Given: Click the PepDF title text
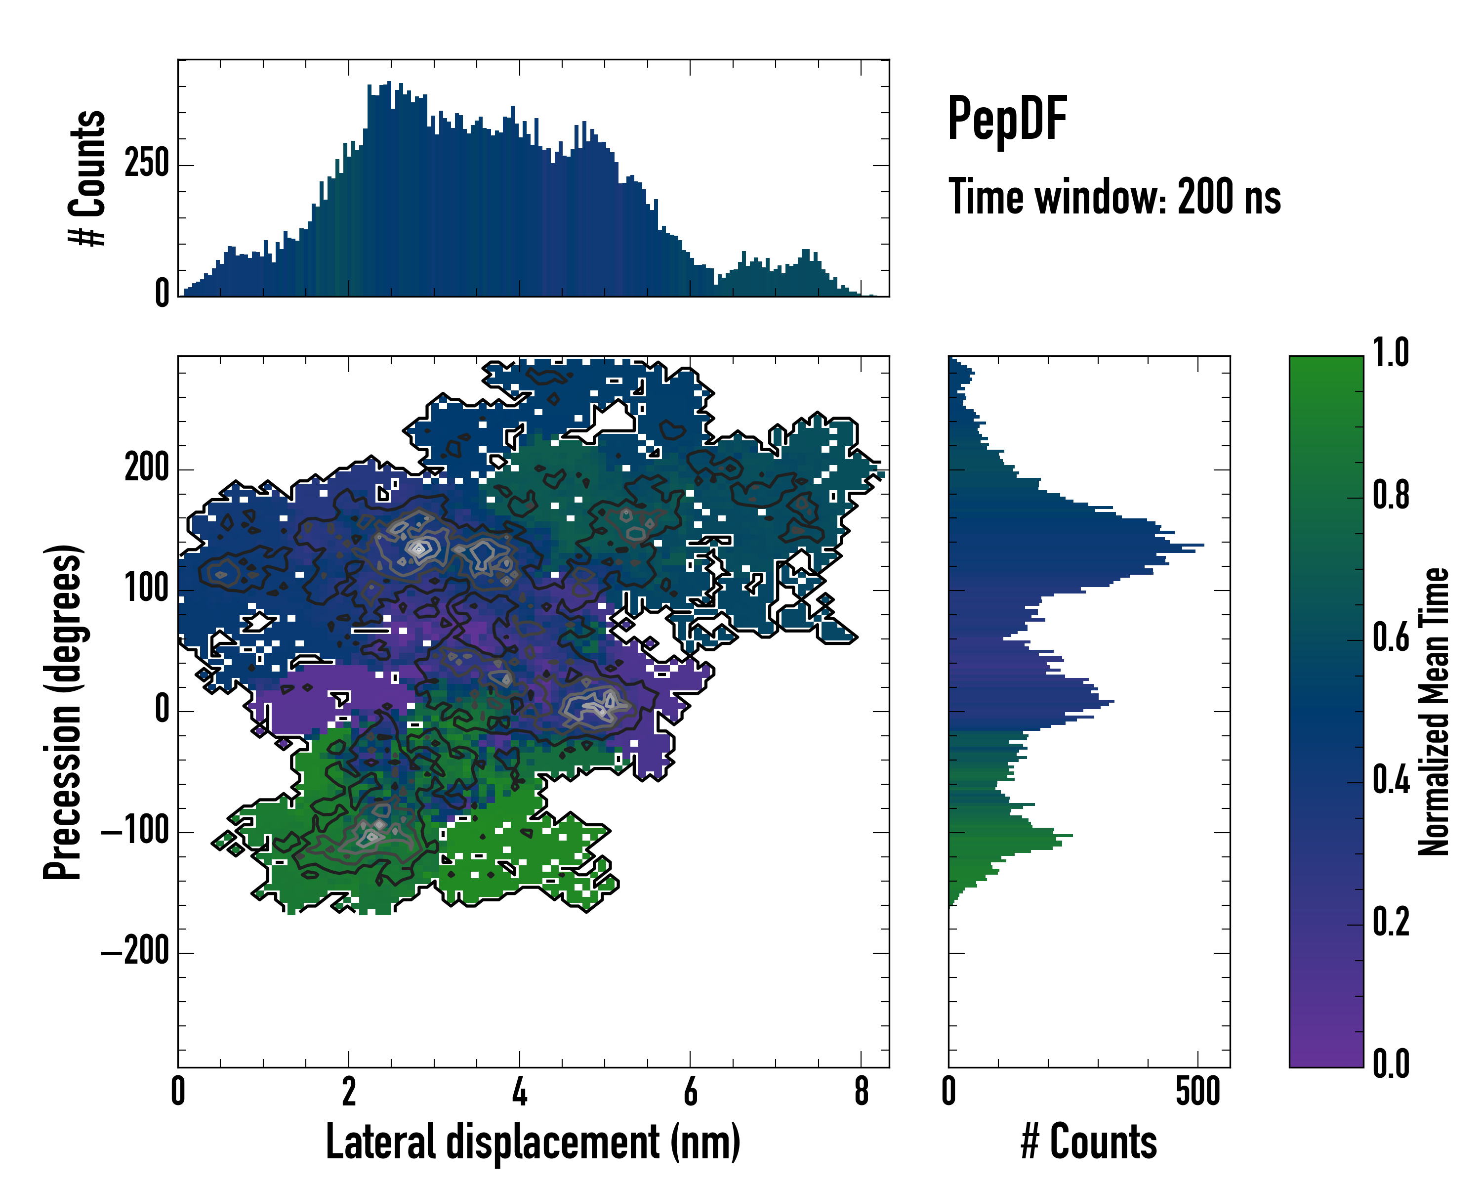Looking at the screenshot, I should [x=1006, y=119].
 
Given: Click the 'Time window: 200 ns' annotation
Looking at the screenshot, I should [x=1114, y=197].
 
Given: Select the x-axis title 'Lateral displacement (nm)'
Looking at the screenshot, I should [x=533, y=1142].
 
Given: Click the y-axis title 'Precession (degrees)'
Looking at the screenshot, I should [x=63, y=712].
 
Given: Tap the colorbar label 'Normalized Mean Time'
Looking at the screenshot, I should [x=1434, y=712].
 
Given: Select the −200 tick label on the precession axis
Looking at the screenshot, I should [x=135, y=953].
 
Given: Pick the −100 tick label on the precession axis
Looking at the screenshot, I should [x=135, y=832].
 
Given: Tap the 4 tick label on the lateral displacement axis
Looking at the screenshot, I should [x=520, y=1091].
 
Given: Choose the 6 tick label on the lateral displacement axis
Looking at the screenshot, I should [x=690, y=1091].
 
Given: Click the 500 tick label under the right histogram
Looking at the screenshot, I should [x=1197, y=1091].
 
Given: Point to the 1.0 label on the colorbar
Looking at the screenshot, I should [x=1391, y=353].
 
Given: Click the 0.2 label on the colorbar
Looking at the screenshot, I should [x=1391, y=923].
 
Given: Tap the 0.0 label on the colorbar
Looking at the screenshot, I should [x=1391, y=1065].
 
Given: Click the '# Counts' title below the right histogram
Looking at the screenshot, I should [x=1089, y=1142].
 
